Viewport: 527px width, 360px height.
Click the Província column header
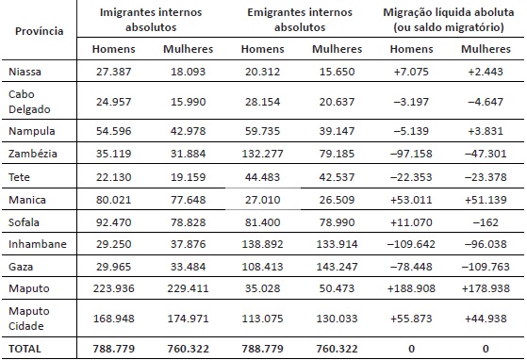click(x=40, y=31)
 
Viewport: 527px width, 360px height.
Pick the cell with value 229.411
click(x=189, y=286)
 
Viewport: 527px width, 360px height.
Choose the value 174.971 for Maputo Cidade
click(x=189, y=318)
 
